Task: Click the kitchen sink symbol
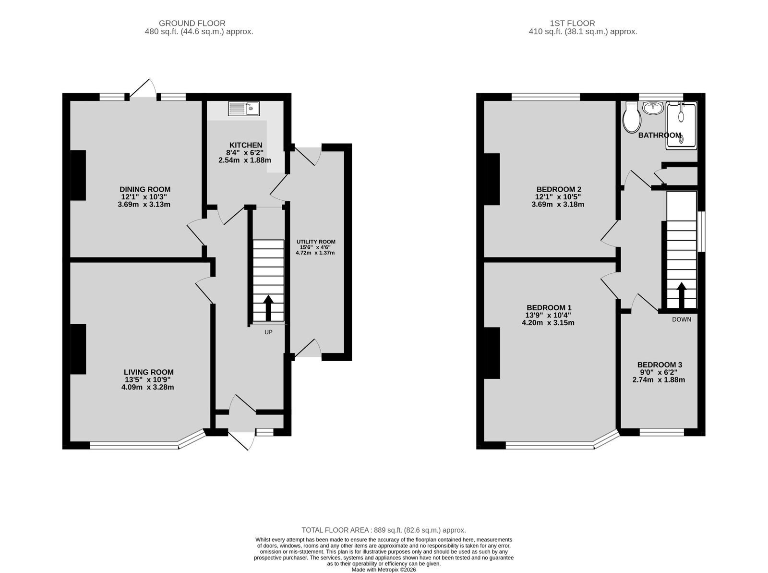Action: click(x=243, y=109)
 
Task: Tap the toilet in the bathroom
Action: click(x=632, y=117)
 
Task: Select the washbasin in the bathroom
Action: click(x=653, y=108)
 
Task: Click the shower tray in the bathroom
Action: click(x=681, y=125)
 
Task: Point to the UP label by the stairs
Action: click(x=268, y=332)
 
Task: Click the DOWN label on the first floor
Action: click(x=681, y=319)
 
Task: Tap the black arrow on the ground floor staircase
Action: click(x=268, y=308)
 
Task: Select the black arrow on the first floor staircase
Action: click(x=681, y=295)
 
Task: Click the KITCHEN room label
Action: click(x=246, y=145)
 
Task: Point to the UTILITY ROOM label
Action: click(x=315, y=242)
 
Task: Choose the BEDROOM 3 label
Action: click(x=660, y=365)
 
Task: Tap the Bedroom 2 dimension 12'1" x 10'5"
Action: click(x=558, y=197)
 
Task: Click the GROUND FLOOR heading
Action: click(x=192, y=23)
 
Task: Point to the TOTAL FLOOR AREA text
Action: click(x=384, y=530)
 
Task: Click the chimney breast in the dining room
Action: click(x=78, y=175)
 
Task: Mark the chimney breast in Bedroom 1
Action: click(x=492, y=353)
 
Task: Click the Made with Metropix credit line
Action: click(x=384, y=570)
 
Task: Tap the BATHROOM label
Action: click(x=660, y=135)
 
